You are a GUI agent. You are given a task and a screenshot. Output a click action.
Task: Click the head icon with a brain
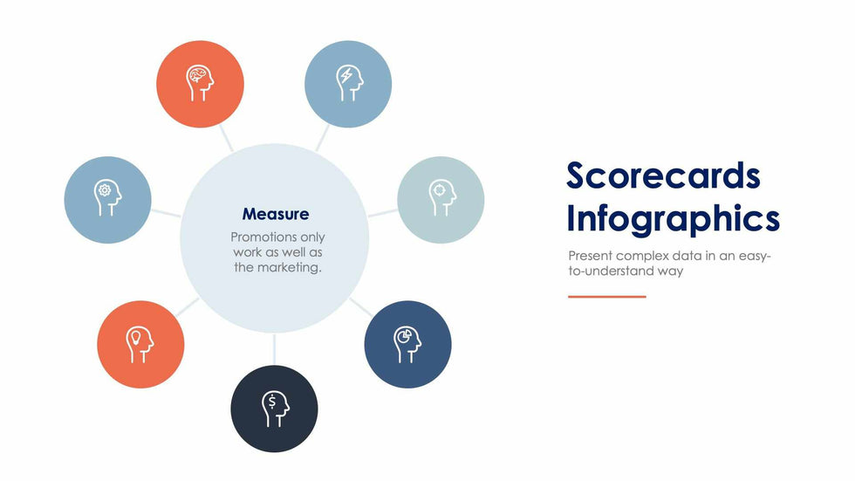200,84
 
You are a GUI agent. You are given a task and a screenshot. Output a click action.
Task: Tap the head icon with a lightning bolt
348,84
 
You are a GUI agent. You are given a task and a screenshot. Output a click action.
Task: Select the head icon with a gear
107,198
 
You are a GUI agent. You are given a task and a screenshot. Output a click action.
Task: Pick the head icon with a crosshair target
441,198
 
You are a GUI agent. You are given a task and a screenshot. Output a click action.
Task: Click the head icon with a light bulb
140,345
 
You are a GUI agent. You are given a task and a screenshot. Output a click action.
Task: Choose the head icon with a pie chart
407,345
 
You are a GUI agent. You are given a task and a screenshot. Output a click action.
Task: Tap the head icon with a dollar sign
275,409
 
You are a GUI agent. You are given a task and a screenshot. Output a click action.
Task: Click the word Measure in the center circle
276,214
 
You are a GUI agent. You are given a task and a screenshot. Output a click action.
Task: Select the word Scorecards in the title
663,175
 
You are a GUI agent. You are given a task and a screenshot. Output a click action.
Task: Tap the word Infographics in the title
674,219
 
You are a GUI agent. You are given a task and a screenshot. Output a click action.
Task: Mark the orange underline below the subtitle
607,297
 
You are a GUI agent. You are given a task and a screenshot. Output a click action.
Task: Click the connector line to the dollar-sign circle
274,349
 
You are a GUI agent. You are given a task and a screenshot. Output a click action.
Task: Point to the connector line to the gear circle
166,213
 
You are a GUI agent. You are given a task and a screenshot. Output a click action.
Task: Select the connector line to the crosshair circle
383,213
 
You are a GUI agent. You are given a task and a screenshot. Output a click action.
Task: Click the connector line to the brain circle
226,137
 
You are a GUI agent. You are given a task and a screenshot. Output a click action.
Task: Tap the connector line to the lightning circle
323,137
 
